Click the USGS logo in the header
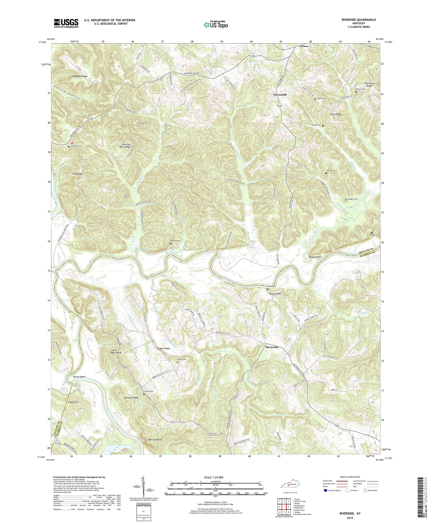[x=66, y=23]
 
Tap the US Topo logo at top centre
[x=216, y=25]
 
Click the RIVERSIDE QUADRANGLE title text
[x=359, y=20]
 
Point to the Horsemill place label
[x=280, y=95]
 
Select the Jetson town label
[x=304, y=46]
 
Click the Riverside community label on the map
[x=272, y=347]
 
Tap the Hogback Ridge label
[x=80, y=77]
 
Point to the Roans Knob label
[x=275, y=294]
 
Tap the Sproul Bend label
[x=79, y=377]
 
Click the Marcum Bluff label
[x=155, y=440]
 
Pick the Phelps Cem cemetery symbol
[x=323, y=125]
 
